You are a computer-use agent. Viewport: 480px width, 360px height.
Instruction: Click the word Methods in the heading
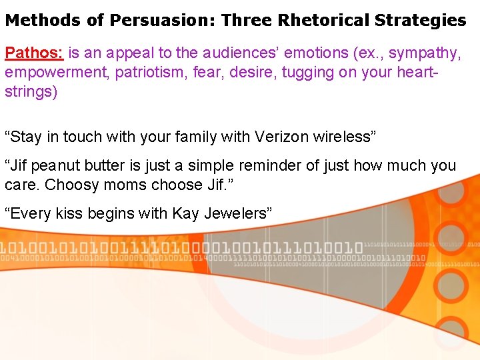point(44,20)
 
